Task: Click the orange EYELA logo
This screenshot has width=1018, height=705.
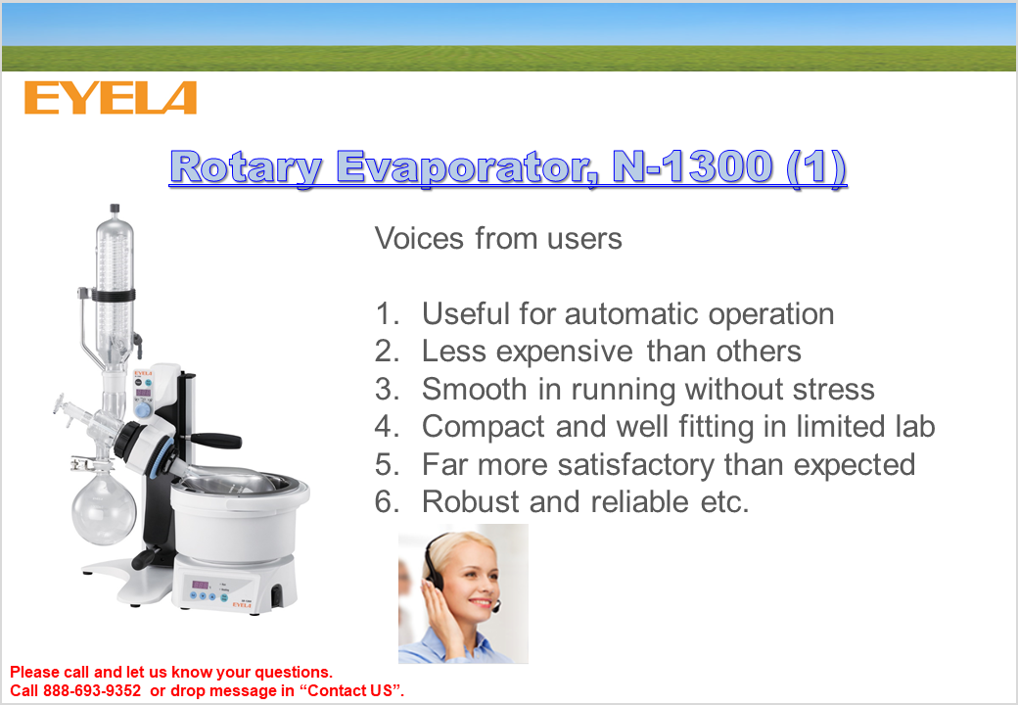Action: coord(111,98)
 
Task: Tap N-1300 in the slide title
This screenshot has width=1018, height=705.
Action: coord(692,166)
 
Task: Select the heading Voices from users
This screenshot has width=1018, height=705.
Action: coord(498,238)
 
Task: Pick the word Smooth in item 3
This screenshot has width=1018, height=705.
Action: coord(475,389)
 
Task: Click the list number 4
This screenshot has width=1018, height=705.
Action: coord(387,427)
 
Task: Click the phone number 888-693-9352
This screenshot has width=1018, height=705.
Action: coord(92,690)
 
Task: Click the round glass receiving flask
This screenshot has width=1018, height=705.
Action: coord(104,507)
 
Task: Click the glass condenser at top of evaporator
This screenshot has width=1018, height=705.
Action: coord(115,286)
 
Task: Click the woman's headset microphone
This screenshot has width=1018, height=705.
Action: coord(496,608)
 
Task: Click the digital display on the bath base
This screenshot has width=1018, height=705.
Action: coord(200,586)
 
